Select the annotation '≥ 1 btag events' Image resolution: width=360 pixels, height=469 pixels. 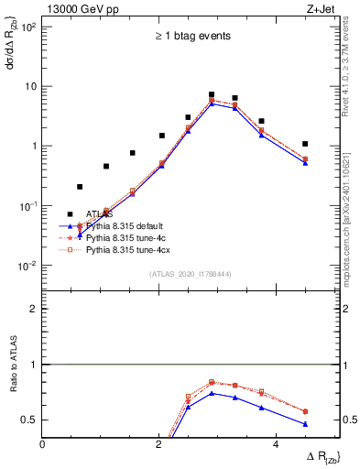pyautogui.click(x=192, y=36)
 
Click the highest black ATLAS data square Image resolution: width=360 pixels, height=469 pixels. pyautogui.click(x=212, y=94)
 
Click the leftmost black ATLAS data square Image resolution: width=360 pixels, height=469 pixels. pyautogui.click(x=80, y=187)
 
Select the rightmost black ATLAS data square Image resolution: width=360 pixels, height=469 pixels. pyautogui.click(x=305, y=144)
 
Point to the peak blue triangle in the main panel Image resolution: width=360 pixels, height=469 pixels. pyautogui.click(x=212, y=104)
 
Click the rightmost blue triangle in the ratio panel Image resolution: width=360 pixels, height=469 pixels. pyautogui.click(x=305, y=424)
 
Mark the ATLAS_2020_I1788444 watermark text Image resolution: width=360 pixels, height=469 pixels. pyautogui.click(x=191, y=274)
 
